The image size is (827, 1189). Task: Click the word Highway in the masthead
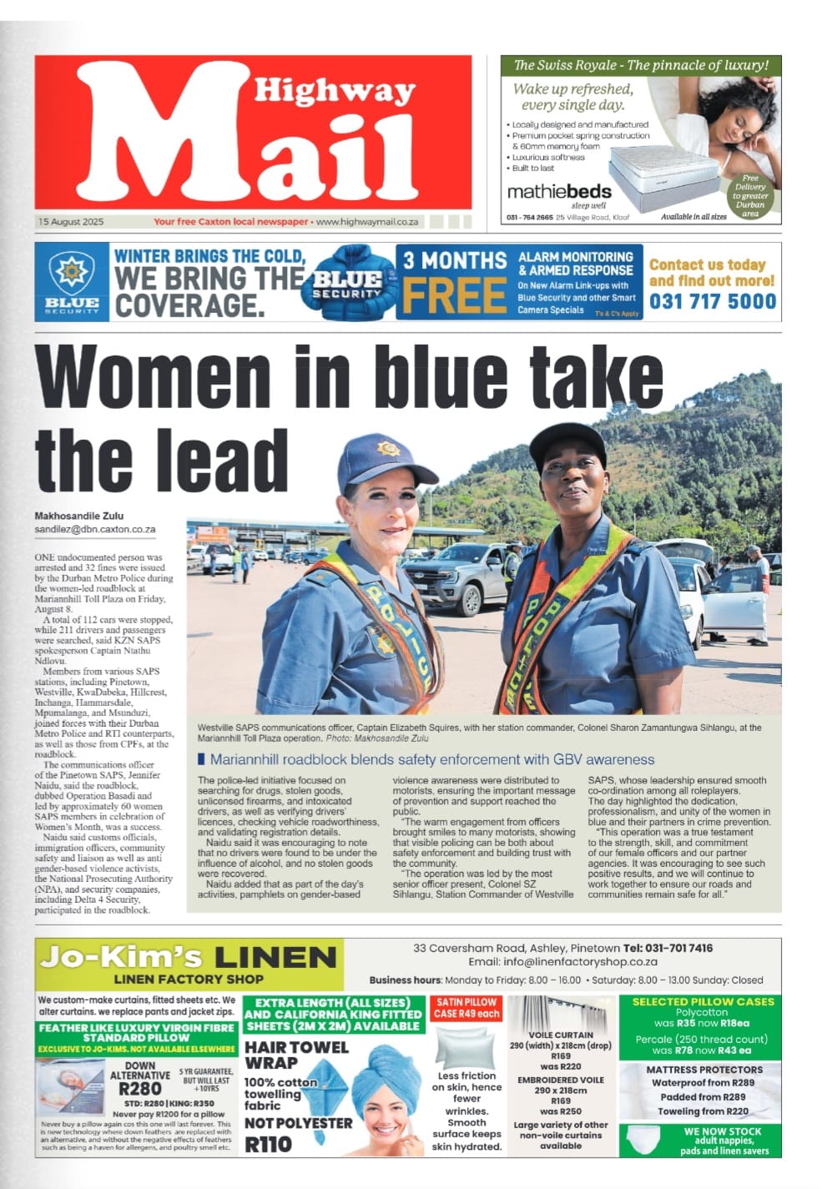click(x=335, y=90)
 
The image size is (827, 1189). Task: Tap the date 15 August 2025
click(x=70, y=222)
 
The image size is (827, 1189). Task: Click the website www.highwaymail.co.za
click(x=367, y=222)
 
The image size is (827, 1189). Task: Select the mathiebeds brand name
click(x=559, y=191)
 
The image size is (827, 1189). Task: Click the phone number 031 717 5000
click(x=713, y=302)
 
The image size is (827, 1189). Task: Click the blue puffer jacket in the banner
click(x=349, y=282)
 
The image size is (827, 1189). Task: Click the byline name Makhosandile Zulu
click(x=78, y=516)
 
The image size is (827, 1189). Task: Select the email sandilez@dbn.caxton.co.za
click(x=95, y=529)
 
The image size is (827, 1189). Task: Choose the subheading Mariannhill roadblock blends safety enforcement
click(x=431, y=759)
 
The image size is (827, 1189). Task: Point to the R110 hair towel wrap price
click(x=268, y=1144)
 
